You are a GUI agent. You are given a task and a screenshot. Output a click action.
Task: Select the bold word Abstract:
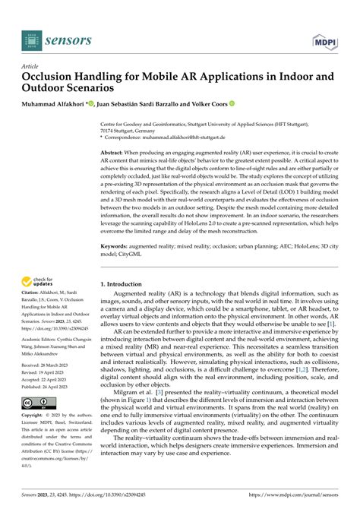coord(114,153)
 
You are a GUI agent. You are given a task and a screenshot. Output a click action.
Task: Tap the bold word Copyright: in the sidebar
coord(36,438)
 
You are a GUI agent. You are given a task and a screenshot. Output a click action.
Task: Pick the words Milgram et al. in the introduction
coord(130,390)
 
